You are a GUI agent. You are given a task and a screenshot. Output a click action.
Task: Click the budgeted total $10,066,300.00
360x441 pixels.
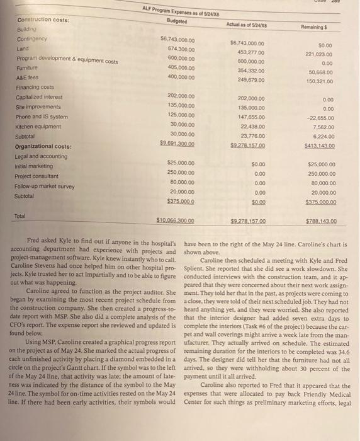[175, 221]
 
